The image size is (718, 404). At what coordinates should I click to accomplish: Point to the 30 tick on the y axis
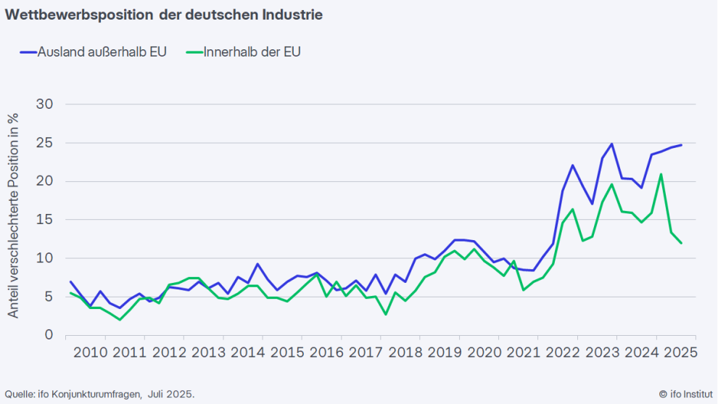coord(45,104)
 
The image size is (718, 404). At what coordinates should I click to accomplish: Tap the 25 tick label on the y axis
coord(45,143)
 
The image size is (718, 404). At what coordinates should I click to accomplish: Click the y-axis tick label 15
coord(45,220)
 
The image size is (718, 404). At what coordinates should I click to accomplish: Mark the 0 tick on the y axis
coord(49,335)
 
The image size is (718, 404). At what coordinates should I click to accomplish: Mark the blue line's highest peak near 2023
coord(612,144)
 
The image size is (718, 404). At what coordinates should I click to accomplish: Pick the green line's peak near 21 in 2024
coord(661,174)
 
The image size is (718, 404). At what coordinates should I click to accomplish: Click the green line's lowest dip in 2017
coord(386,314)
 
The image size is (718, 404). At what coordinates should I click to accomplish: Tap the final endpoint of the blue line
coord(681,145)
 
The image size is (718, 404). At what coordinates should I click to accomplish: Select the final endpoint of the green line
coord(681,243)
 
